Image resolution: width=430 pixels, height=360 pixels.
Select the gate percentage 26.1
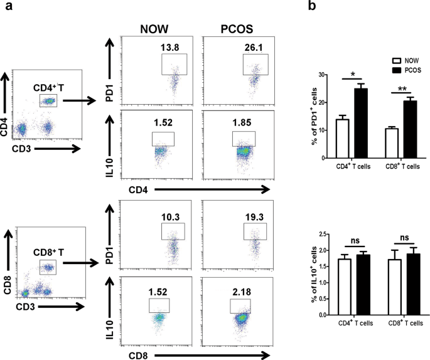pyautogui.click(x=252, y=47)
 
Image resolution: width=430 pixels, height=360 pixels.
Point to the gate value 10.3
pyautogui.click(x=170, y=218)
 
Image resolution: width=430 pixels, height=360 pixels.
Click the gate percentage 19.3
pyautogui.click(x=252, y=218)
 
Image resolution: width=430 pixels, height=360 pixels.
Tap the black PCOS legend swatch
pyautogui.click(x=396, y=70)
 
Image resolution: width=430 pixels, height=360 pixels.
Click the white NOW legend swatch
pyautogui.click(x=396, y=61)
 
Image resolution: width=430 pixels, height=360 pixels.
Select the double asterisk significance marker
pyautogui.click(x=398, y=88)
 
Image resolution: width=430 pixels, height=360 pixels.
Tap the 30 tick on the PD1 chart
pyautogui.click(x=324, y=75)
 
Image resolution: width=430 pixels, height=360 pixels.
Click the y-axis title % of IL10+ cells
pyautogui.click(x=308, y=274)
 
